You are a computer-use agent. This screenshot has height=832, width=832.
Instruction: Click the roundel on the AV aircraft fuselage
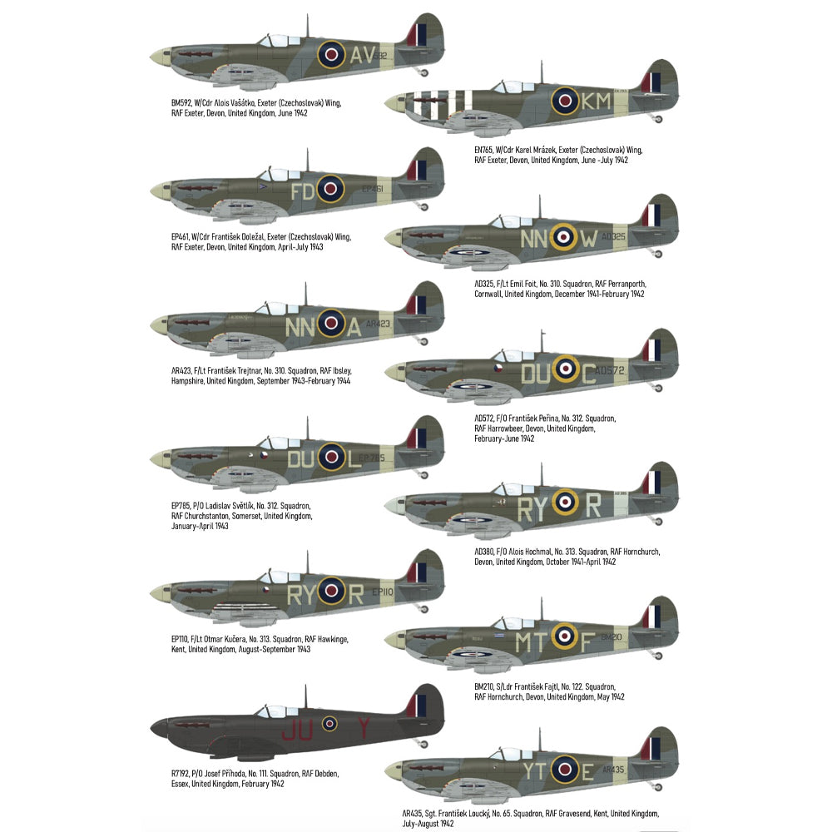click(331, 56)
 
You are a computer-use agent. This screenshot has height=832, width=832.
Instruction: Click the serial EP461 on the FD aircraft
click(373, 190)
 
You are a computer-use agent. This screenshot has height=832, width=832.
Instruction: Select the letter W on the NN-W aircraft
click(588, 239)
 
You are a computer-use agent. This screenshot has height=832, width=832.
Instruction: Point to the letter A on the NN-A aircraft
click(354, 327)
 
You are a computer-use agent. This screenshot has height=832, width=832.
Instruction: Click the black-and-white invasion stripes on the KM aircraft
click(442, 101)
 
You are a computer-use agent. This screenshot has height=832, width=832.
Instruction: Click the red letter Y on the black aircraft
click(363, 730)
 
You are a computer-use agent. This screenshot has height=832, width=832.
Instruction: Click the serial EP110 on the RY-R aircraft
click(382, 592)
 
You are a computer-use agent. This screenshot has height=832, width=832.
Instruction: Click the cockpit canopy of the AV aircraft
click(274, 40)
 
